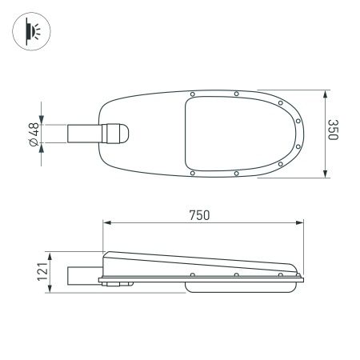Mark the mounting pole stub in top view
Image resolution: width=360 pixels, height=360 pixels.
[84, 134]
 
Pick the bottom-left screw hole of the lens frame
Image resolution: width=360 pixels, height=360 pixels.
[192, 173]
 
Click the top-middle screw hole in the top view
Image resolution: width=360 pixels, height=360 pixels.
[237, 94]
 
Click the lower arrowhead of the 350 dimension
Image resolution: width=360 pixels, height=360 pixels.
[324, 175]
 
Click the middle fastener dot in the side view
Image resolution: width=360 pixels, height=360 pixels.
[237, 276]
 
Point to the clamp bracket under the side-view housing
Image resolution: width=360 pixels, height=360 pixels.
[118, 283]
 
